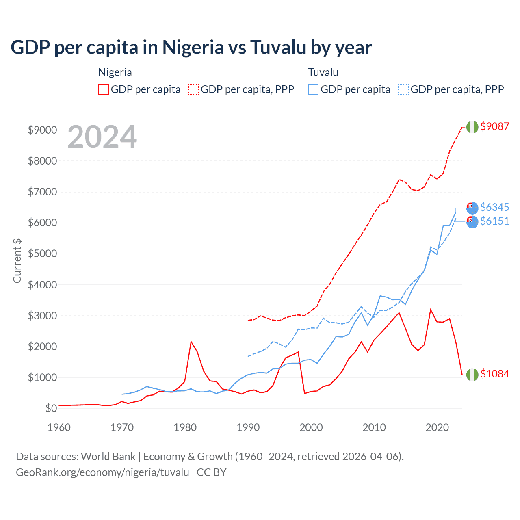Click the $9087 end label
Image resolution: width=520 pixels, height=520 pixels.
tap(494, 126)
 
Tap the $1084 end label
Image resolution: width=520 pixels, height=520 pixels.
tap(494, 374)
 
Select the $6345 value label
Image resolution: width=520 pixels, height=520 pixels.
tap(494, 207)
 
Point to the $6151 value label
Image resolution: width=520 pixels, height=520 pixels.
tap(494, 221)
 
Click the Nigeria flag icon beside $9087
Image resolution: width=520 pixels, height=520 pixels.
tap(472, 127)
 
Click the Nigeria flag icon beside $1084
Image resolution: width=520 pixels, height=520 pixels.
tap(472, 375)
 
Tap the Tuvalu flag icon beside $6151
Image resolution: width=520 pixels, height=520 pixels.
tap(472, 222)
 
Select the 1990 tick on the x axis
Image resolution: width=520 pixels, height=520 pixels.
tap(248, 427)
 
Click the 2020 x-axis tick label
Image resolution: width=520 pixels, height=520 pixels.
tap(437, 427)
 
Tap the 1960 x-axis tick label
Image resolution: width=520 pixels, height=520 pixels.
tap(59, 427)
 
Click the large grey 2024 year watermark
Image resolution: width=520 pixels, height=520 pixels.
tap(102, 137)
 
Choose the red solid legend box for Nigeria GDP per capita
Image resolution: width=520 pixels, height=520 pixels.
tap(104, 89)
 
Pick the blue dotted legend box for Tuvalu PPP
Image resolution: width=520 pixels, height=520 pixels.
tap(403, 89)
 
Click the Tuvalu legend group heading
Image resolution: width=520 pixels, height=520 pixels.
tap(323, 72)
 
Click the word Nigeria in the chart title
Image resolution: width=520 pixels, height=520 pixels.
tap(193, 47)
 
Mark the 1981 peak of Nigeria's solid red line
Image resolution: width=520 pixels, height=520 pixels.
tap(191, 341)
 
